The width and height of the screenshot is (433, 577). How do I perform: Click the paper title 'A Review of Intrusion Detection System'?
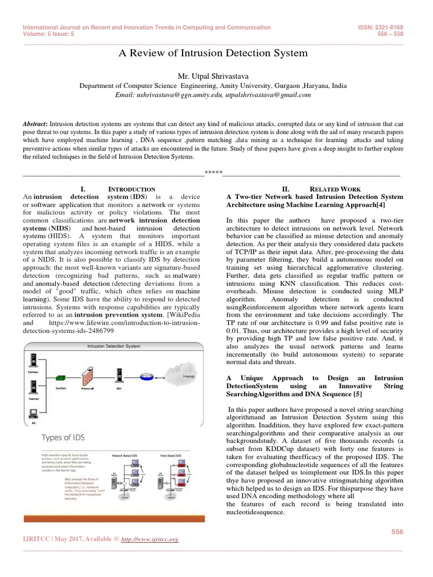click(x=213, y=54)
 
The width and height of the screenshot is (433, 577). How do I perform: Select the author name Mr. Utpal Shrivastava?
click(x=213, y=75)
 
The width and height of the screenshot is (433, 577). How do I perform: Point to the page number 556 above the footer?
click(x=397, y=531)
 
